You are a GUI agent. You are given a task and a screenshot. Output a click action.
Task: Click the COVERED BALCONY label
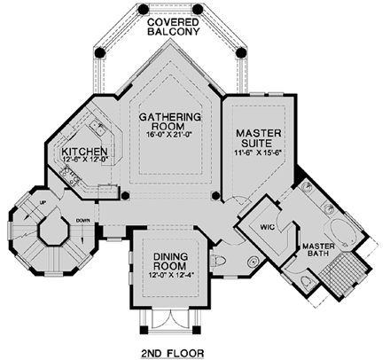(x=174, y=25)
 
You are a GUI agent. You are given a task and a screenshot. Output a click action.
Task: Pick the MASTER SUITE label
(x=258, y=139)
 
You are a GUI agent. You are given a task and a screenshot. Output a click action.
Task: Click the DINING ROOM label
(x=164, y=258)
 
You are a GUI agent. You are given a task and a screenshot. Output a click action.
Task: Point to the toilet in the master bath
(x=304, y=281)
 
